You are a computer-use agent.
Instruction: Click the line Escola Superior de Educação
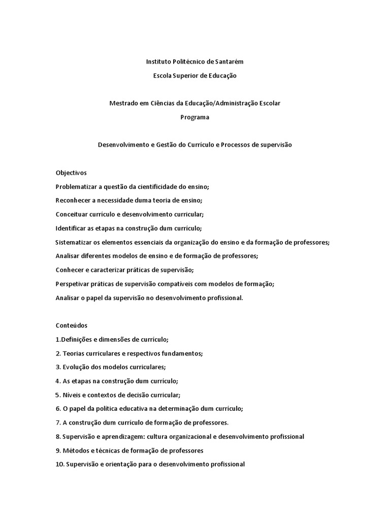[x=195, y=76]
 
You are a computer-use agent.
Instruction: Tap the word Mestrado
[x=124, y=103]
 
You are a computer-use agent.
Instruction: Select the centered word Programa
[x=195, y=117]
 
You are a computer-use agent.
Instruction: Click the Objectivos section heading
[x=71, y=173]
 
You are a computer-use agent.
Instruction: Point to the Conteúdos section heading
[x=72, y=325]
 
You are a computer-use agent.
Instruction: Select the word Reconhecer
[x=74, y=200]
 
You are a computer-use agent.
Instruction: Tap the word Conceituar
[x=73, y=214]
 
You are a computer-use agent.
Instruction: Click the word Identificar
[x=72, y=228]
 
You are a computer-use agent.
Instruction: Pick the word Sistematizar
[x=74, y=242]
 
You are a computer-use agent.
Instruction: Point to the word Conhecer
[x=70, y=270]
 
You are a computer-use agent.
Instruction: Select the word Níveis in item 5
[x=72, y=395]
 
